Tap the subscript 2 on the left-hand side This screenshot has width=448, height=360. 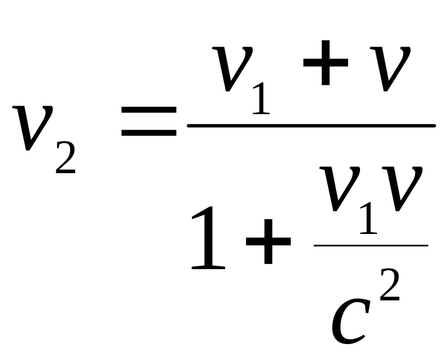[66, 154]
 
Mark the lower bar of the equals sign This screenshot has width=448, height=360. [149, 134]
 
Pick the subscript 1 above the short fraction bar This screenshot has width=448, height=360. [367, 219]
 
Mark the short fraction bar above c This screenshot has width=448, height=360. [371, 245]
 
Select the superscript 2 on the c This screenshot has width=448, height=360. [390, 284]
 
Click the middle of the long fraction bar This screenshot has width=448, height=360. [311, 125]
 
